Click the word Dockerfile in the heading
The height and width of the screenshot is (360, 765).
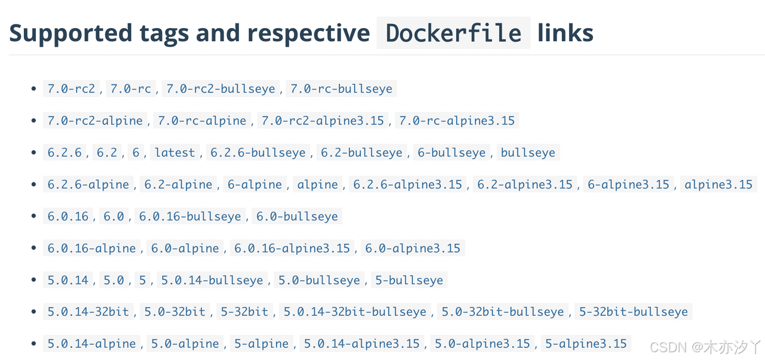[454, 33]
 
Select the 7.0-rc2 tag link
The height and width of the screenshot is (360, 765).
[71, 89]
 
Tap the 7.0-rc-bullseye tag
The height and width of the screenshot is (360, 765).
[341, 89]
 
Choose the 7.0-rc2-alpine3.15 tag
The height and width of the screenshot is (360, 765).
[323, 120]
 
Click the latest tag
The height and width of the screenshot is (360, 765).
[175, 152]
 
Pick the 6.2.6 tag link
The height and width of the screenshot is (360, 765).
[65, 152]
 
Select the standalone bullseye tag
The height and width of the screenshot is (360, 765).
[528, 152]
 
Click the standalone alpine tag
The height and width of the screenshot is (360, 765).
[317, 184]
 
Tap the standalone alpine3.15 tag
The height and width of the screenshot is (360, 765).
[718, 184]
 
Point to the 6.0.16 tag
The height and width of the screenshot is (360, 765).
[68, 216]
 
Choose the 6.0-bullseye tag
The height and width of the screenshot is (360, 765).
[297, 216]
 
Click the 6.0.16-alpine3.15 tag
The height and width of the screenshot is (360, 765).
[292, 248]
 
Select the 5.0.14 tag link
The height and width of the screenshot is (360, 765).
[68, 280]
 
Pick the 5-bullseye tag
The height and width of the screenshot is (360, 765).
[409, 280]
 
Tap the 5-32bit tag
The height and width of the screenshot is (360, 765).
[244, 312]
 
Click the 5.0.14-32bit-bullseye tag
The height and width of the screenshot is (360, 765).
[356, 312]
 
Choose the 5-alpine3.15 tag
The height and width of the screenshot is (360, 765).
[586, 343]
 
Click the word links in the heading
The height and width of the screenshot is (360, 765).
[565, 33]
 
